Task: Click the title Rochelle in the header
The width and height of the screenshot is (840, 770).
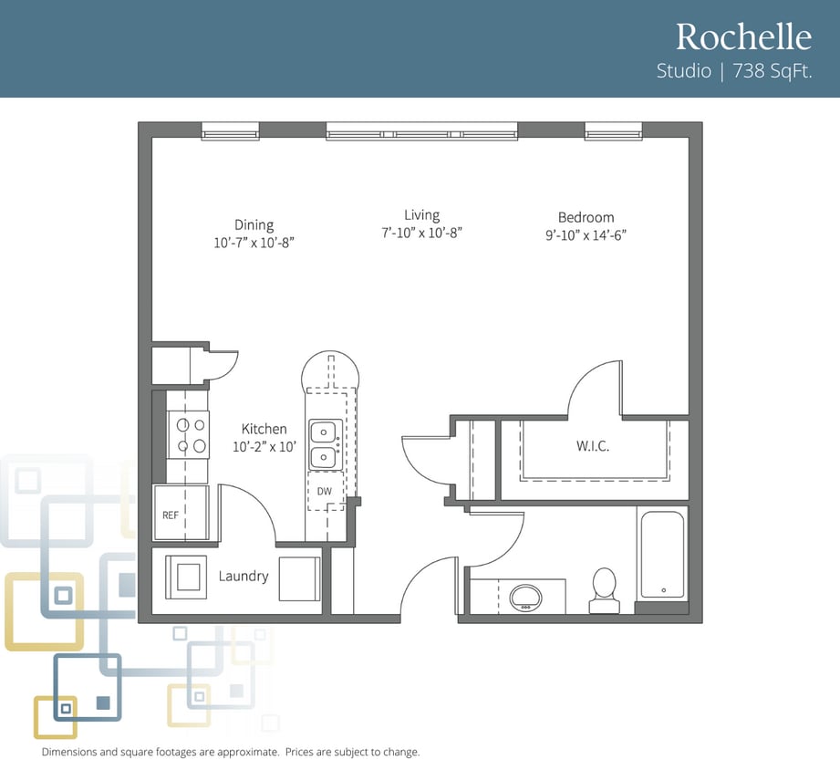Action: [743, 36]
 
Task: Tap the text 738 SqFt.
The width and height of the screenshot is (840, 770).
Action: [773, 71]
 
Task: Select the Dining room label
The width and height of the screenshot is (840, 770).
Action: [254, 224]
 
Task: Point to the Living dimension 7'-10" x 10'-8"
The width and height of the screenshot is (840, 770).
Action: [421, 233]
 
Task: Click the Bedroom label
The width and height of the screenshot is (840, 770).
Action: [586, 217]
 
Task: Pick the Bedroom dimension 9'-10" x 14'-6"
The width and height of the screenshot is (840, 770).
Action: [586, 235]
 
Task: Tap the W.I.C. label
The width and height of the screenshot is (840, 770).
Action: [593, 446]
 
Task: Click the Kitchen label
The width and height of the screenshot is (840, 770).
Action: [264, 429]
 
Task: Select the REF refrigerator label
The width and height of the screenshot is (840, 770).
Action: [171, 515]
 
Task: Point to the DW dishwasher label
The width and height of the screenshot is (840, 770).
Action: [324, 491]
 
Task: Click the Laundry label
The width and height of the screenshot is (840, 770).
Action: [244, 576]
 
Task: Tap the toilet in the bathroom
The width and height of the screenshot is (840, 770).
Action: [605, 590]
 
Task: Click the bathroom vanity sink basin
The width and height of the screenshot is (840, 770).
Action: [525, 598]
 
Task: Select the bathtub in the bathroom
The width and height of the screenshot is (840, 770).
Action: [663, 554]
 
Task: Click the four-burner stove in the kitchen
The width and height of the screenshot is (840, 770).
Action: [189, 435]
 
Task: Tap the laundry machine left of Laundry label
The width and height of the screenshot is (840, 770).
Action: [186, 577]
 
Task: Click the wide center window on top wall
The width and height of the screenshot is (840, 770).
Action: [421, 130]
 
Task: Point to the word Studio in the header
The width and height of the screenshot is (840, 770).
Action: [683, 71]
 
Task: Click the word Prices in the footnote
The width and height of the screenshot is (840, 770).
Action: [299, 752]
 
